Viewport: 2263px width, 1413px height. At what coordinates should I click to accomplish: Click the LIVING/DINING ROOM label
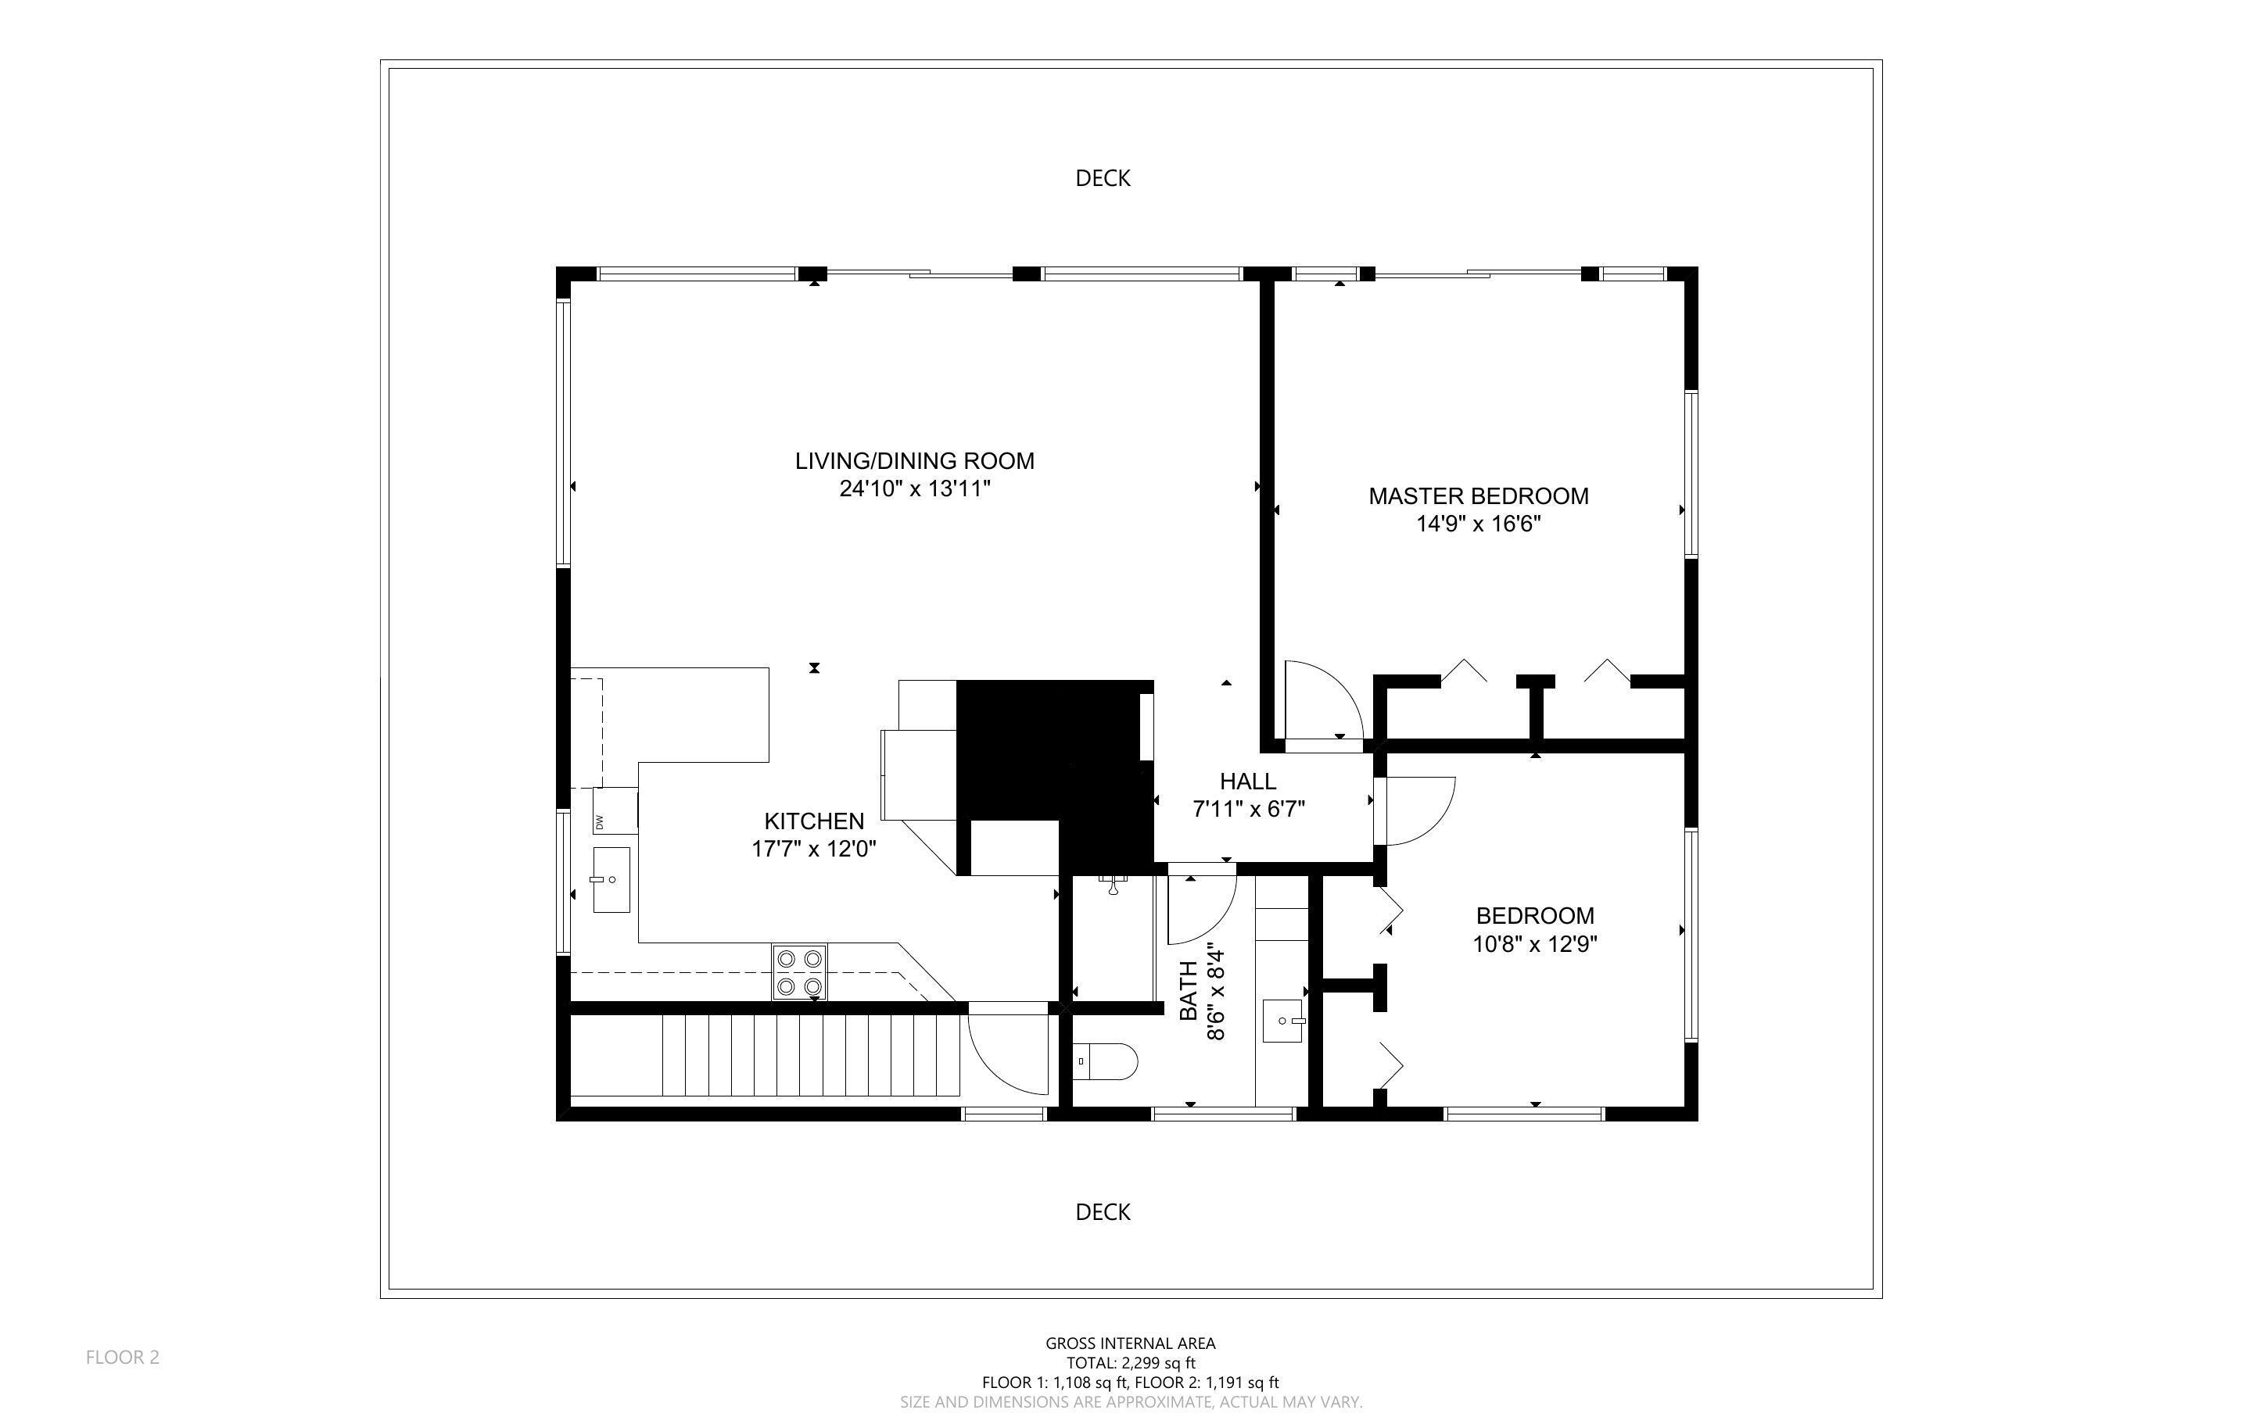pos(914,461)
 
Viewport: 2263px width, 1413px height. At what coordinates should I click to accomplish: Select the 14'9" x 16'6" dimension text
pos(1478,524)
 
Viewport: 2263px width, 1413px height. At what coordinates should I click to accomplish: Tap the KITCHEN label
pos(813,821)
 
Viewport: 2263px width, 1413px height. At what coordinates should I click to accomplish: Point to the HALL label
pos(1247,782)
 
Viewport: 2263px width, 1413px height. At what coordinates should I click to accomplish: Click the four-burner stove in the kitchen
pos(798,972)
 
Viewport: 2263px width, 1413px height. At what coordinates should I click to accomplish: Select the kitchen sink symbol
pos(611,879)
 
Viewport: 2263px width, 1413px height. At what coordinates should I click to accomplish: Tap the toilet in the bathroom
pos(1105,1061)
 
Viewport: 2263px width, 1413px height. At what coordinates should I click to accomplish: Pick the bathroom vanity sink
pos(1282,1021)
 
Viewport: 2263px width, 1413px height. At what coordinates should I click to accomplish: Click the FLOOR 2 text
pos(123,1357)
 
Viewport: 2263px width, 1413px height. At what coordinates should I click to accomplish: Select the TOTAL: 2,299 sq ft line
pos(1130,1362)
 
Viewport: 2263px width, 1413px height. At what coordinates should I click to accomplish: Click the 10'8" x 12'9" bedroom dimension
pos(1534,944)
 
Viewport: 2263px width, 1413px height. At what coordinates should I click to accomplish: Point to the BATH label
pos(1188,991)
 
